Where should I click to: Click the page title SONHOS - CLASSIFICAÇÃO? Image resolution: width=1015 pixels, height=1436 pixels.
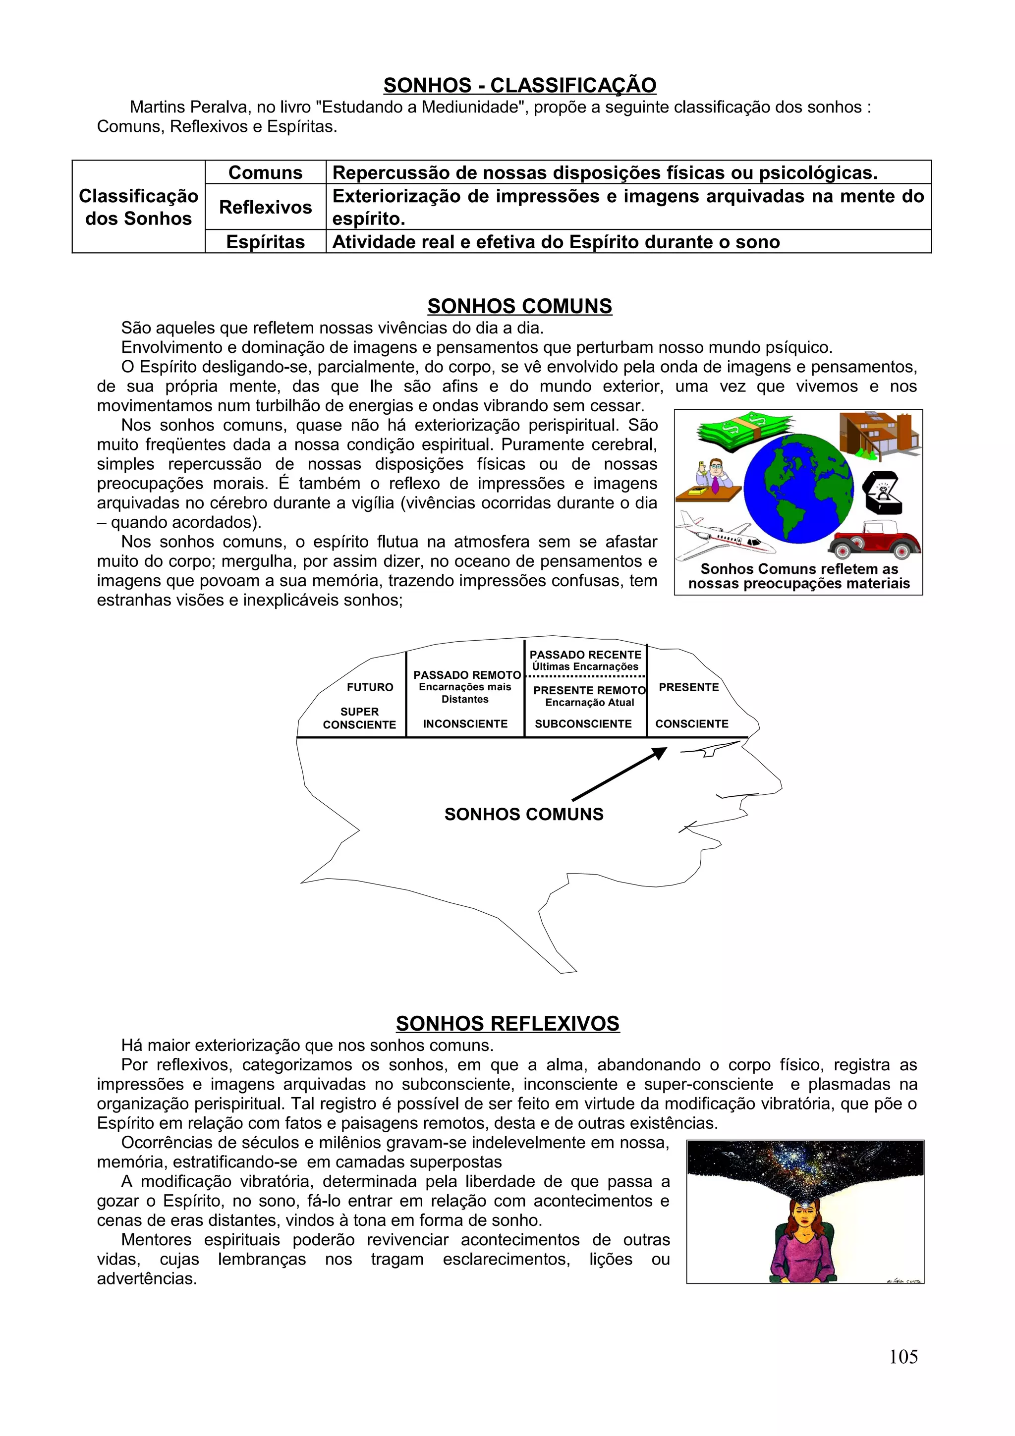pos(520,86)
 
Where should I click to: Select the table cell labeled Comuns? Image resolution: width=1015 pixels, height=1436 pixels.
pos(265,172)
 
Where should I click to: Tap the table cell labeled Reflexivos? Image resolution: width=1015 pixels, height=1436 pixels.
pos(265,207)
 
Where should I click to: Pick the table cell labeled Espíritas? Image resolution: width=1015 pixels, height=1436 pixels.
pos(265,242)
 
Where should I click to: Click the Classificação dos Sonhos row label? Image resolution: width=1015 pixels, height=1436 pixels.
pos(138,207)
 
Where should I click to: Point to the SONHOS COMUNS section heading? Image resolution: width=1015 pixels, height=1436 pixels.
pos(520,306)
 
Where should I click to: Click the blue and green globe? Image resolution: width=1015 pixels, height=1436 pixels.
pos(798,488)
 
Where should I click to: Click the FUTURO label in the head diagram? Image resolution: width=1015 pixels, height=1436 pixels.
pos(370,687)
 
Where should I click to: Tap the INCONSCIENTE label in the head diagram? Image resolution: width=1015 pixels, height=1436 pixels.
pos(465,723)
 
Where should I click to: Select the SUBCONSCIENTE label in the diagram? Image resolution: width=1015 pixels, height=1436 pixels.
pos(583,723)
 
